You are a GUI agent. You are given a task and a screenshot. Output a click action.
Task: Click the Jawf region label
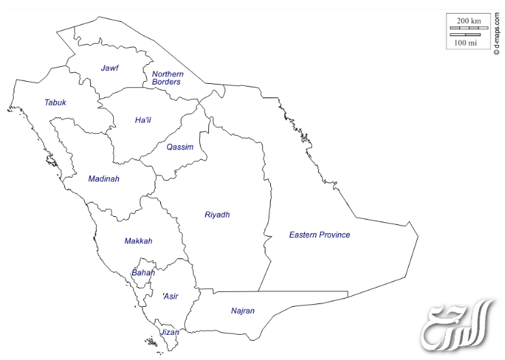tap(110, 68)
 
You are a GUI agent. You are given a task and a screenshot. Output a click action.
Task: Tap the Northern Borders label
tap(167, 78)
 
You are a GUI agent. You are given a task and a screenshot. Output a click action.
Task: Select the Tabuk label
tap(55, 103)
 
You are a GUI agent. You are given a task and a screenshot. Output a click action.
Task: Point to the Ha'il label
tap(143, 121)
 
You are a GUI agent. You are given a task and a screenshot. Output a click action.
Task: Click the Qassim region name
tap(180, 147)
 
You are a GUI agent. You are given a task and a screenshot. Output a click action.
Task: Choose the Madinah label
tap(104, 179)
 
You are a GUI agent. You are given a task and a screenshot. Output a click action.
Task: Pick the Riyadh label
tap(217, 215)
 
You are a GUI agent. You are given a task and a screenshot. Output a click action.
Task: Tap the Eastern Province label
tap(319, 235)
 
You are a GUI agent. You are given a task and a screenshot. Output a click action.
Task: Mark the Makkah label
tap(138, 241)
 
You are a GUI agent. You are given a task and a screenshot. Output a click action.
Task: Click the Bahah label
tap(143, 273)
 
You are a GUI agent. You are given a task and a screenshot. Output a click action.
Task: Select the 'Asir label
tap(169, 297)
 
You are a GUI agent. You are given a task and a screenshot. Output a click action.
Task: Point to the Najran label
tap(242, 312)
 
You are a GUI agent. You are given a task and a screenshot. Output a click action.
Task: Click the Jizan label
tap(169, 333)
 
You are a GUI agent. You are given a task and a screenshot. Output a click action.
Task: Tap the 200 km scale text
tap(468, 21)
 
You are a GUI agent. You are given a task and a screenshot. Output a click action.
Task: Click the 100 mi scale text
tap(465, 43)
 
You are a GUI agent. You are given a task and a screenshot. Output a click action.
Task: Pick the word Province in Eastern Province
tap(334, 235)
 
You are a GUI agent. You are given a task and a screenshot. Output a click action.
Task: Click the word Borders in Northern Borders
tap(167, 82)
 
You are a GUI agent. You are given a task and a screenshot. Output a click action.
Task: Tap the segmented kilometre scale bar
tap(468, 29)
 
